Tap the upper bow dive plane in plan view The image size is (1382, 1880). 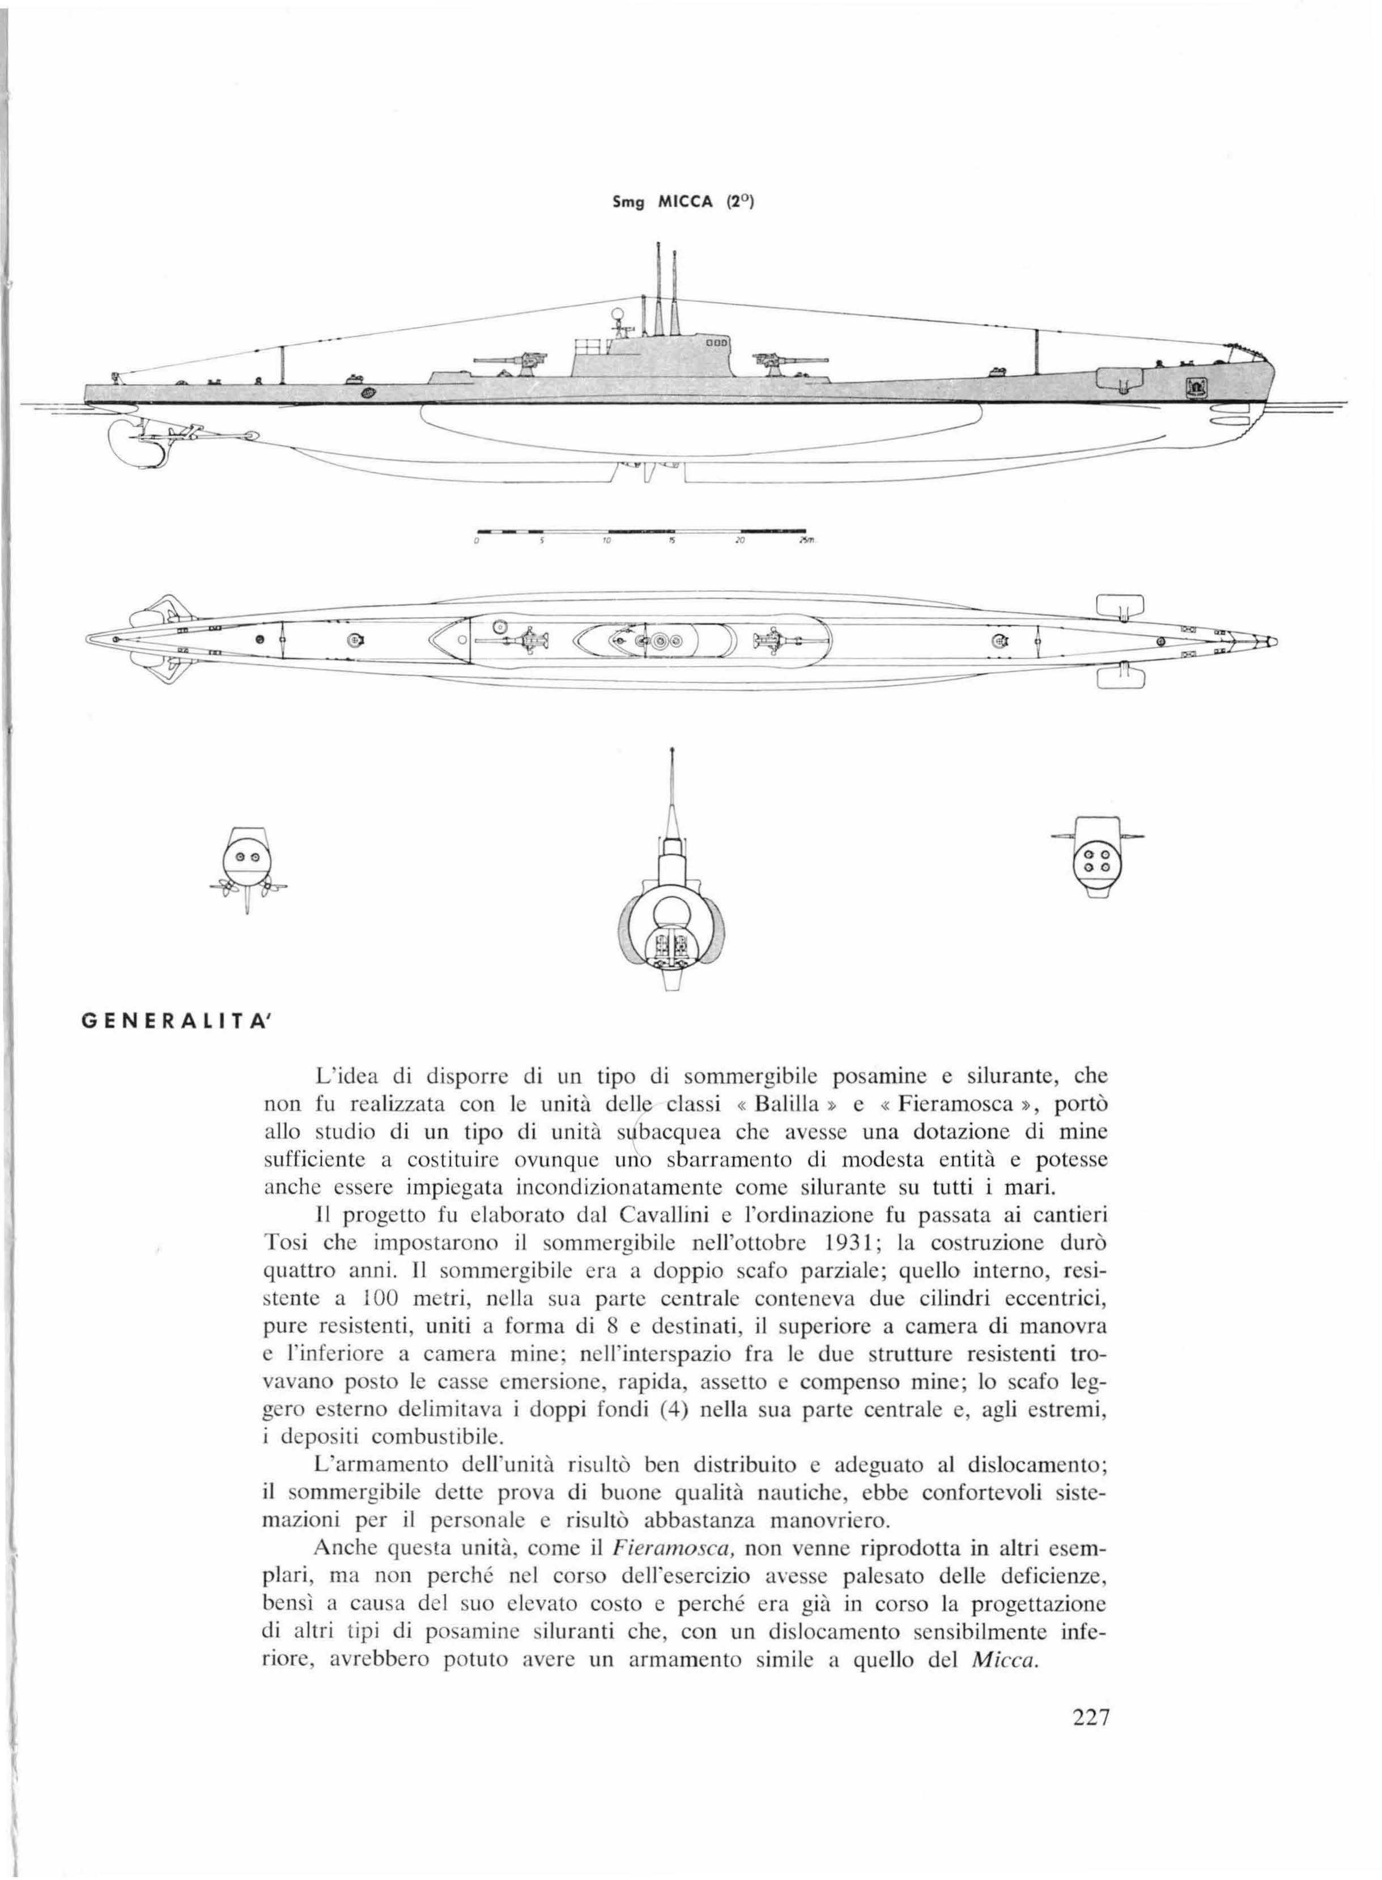pyautogui.click(x=1119, y=604)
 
